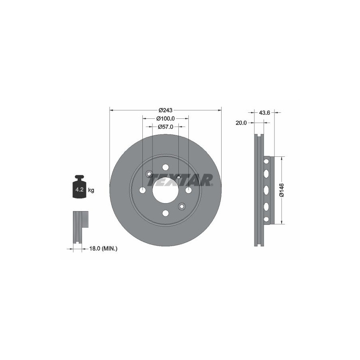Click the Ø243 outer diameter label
click(165, 110)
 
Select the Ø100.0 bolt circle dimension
click(165, 118)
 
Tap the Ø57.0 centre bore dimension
click(165, 127)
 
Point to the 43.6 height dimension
click(264, 113)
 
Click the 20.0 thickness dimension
click(241, 123)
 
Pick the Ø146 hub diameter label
click(282, 190)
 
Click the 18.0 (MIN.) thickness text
click(103, 248)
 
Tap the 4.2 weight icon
click(80, 187)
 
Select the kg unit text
click(91, 190)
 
